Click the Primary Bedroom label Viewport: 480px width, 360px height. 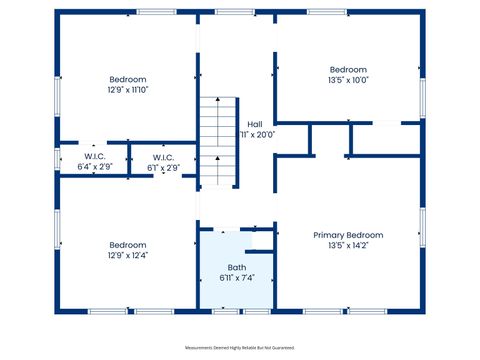[x=348, y=235]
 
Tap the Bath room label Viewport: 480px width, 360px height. [x=236, y=267]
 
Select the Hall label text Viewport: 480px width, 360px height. [x=255, y=124]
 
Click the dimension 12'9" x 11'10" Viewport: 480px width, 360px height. [x=128, y=90]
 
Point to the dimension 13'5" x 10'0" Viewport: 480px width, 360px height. [x=348, y=80]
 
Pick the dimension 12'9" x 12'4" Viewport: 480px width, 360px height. [x=128, y=255]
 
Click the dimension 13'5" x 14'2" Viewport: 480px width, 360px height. [x=348, y=245]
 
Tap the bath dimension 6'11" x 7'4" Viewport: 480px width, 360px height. [x=236, y=277]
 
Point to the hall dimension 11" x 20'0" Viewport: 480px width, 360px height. [x=257, y=134]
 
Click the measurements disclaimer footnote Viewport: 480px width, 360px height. [x=240, y=348]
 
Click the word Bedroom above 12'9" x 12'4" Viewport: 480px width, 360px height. [x=128, y=245]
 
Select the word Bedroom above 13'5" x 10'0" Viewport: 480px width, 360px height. [x=348, y=70]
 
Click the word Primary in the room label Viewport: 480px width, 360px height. [x=331, y=235]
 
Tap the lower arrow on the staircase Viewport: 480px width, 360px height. [x=219, y=157]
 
